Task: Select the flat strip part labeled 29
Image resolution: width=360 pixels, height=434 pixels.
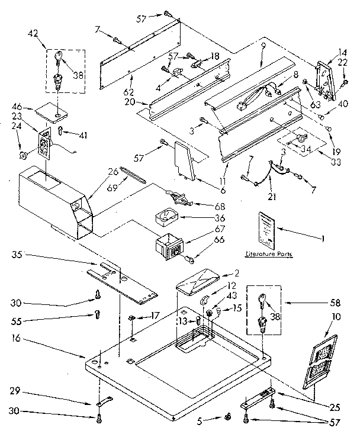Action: pos(104,403)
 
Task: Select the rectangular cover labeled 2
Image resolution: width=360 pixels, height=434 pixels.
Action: pos(198,281)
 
